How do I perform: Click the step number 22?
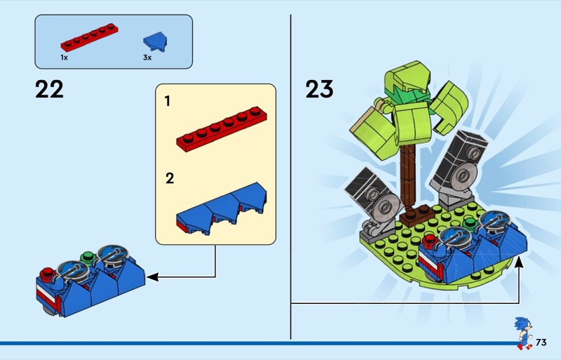(x=49, y=89)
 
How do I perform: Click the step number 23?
(x=320, y=89)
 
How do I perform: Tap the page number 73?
(x=541, y=342)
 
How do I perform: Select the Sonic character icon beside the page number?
(x=524, y=333)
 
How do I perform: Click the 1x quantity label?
(x=64, y=58)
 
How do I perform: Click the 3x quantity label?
(x=147, y=58)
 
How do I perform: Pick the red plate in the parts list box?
(x=90, y=37)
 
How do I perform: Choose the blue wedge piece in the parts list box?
(x=156, y=41)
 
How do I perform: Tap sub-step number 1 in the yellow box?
(x=167, y=101)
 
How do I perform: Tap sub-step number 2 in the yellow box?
(x=170, y=178)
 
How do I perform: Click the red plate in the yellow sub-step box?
(x=222, y=129)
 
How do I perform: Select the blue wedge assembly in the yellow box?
(x=222, y=209)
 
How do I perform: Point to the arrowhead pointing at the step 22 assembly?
(x=152, y=277)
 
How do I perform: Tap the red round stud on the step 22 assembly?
(x=48, y=274)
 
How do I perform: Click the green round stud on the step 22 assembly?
(x=87, y=258)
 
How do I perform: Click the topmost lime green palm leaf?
(x=408, y=77)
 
